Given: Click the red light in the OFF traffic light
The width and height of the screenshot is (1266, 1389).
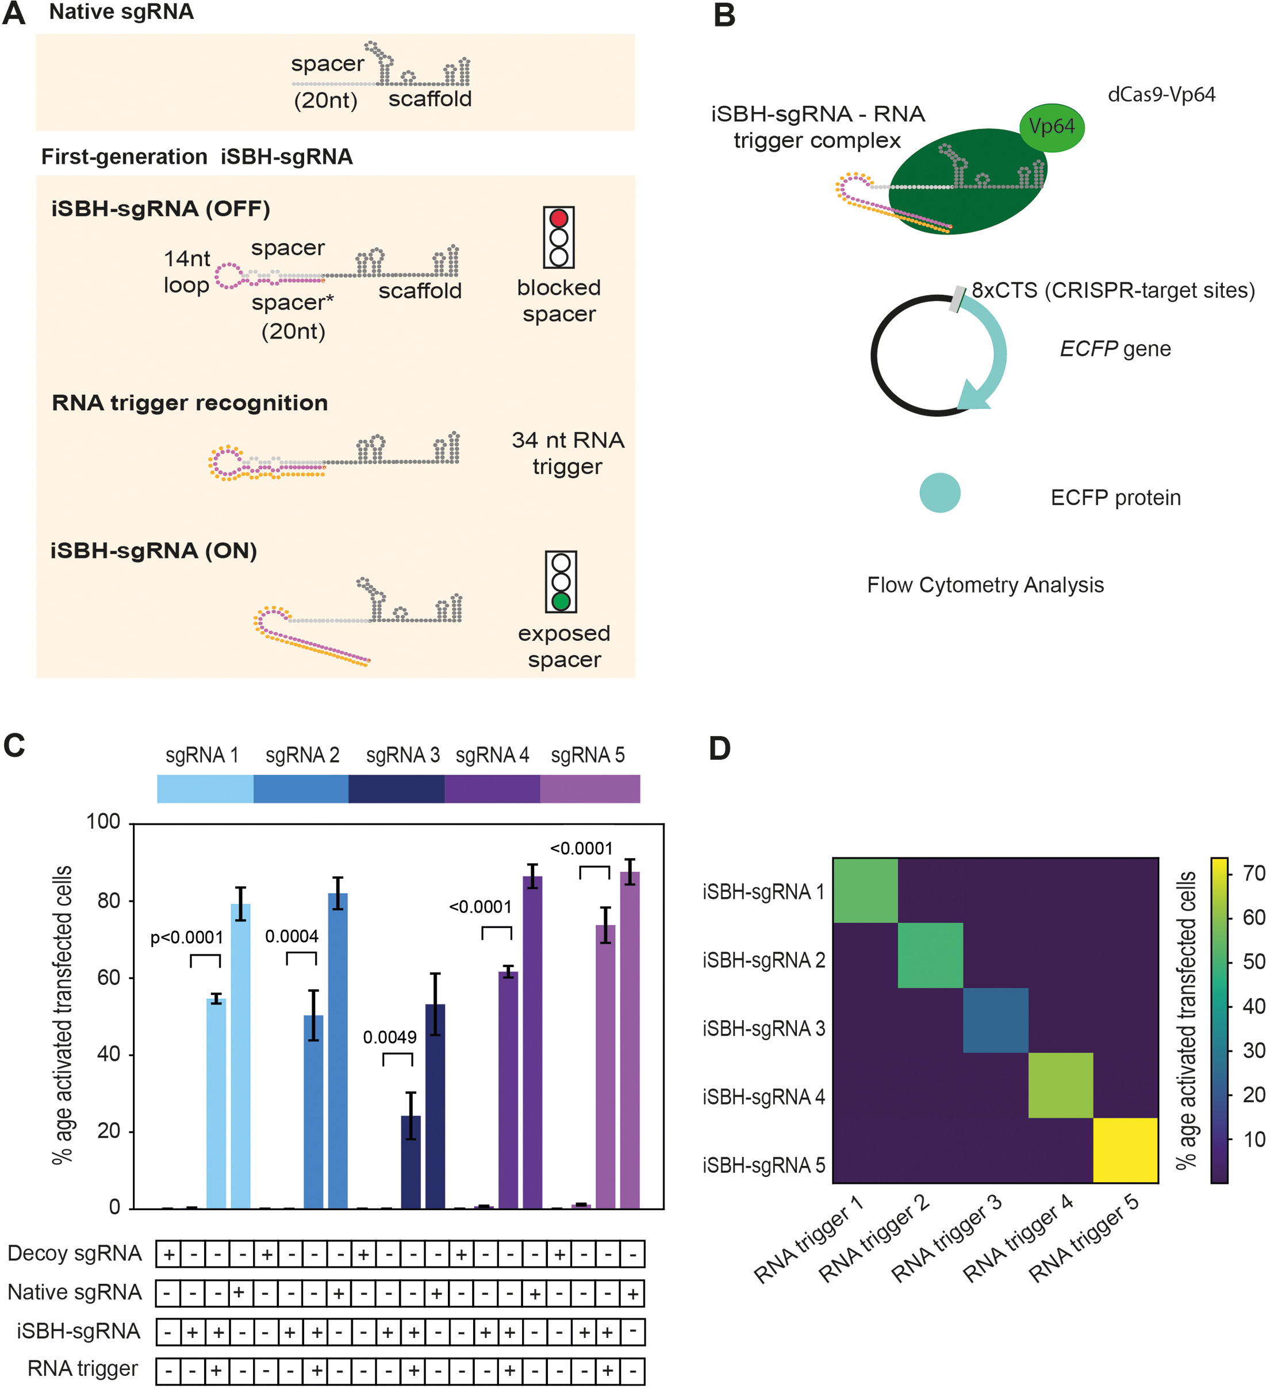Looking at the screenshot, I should [558, 218].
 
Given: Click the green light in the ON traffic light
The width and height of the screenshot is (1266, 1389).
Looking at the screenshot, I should [561, 602].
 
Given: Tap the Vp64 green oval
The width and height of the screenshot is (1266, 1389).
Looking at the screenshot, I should [1051, 127].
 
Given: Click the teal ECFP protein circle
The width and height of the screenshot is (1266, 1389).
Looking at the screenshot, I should [939, 493].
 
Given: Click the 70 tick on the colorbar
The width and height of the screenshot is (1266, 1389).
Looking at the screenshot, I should [1253, 874].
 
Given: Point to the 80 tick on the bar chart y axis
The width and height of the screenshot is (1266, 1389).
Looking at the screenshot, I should [108, 901].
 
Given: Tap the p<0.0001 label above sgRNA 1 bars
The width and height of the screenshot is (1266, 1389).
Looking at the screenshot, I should [187, 938].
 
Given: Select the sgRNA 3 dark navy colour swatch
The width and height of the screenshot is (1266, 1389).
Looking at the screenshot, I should [396, 789].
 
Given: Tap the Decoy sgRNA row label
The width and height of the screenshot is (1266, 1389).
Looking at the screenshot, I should [74, 1253].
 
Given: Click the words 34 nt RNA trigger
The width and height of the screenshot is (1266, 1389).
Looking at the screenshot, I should [567, 453].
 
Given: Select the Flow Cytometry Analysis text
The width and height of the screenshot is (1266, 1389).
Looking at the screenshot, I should [985, 585].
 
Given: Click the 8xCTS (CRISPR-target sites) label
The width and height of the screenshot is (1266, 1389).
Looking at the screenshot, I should [1113, 290].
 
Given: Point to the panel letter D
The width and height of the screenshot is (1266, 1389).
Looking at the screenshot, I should [719, 748].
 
